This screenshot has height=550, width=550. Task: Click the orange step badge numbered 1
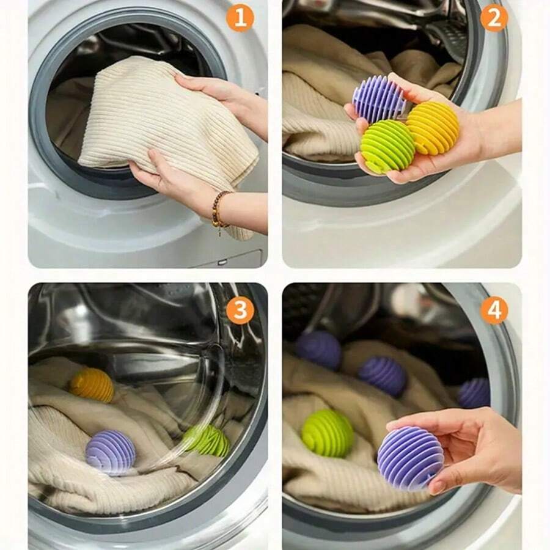[240, 18]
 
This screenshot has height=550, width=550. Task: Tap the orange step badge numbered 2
[494, 18]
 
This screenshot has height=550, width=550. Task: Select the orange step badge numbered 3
[240, 310]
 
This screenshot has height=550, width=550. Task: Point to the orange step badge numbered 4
[494, 310]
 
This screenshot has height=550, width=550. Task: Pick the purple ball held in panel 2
[379, 98]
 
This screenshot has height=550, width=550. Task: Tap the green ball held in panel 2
[387, 147]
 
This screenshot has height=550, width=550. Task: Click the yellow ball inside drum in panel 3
[92, 385]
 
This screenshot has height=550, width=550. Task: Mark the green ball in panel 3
[207, 440]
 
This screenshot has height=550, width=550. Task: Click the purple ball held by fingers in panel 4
[409, 458]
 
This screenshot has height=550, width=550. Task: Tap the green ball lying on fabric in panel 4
[328, 433]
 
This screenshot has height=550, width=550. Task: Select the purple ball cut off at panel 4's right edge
[475, 393]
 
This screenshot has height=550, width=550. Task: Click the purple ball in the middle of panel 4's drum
[383, 375]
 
